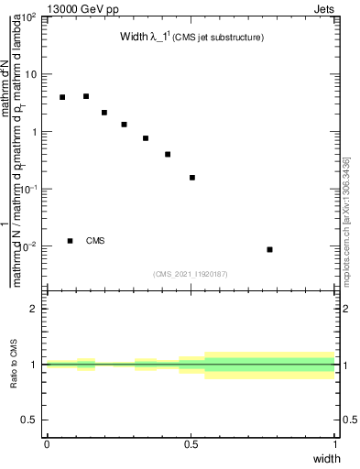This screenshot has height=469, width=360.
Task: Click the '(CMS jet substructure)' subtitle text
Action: (x=220, y=38)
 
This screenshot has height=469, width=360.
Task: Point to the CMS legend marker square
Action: (x=71, y=241)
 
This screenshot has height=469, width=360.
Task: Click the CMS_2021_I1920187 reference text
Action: (x=191, y=273)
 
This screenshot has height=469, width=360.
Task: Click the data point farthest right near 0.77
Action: (x=269, y=249)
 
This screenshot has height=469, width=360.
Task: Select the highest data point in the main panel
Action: (x=86, y=96)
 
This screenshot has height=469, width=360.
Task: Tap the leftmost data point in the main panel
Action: (x=62, y=97)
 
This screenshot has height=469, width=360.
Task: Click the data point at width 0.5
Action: (x=192, y=178)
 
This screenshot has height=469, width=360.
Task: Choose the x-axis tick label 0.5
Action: (x=191, y=443)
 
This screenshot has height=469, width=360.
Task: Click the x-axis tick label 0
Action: (x=47, y=443)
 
